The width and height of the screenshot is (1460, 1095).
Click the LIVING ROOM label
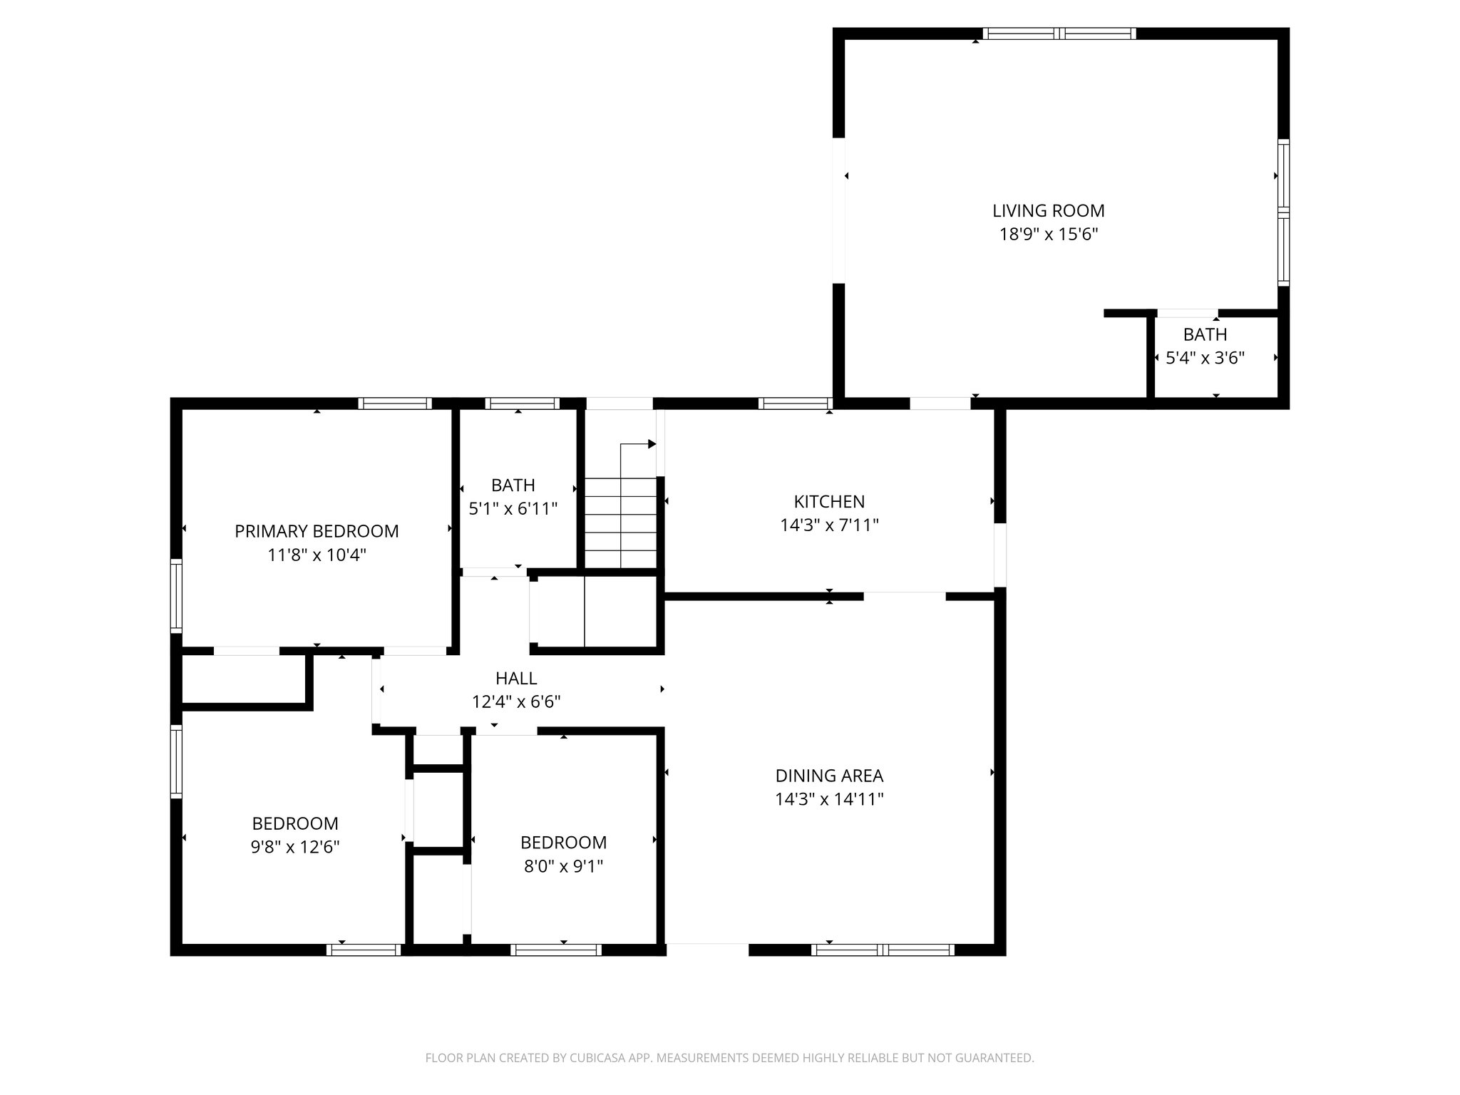1048,211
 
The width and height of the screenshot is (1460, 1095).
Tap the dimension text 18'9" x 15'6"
1048,235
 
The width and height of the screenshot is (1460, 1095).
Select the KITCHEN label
829,502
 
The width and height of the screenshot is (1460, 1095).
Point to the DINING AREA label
829,776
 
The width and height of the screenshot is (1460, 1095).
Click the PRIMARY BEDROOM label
317,531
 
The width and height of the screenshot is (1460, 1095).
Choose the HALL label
516,679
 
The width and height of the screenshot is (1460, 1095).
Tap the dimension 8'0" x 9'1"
563,866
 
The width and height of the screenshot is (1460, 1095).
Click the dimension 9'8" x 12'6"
294,847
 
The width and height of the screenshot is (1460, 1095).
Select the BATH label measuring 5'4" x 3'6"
1205,334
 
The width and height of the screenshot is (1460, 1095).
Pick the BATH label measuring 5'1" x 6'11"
513,485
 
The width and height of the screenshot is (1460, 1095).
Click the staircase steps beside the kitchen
620,523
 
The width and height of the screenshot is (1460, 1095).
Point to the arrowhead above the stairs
652,444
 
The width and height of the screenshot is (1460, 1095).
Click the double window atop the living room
1059,34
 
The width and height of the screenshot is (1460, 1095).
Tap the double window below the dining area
883,950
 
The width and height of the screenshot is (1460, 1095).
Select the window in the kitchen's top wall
795,403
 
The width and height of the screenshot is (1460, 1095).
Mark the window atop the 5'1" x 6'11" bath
522,403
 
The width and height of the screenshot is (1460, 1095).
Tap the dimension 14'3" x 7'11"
829,525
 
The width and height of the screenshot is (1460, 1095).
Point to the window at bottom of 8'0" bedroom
556,950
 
